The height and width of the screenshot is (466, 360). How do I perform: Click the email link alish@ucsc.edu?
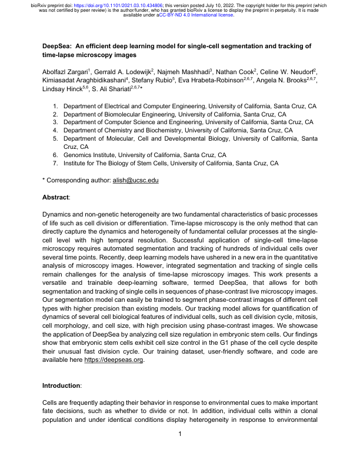[x=135, y=180]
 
